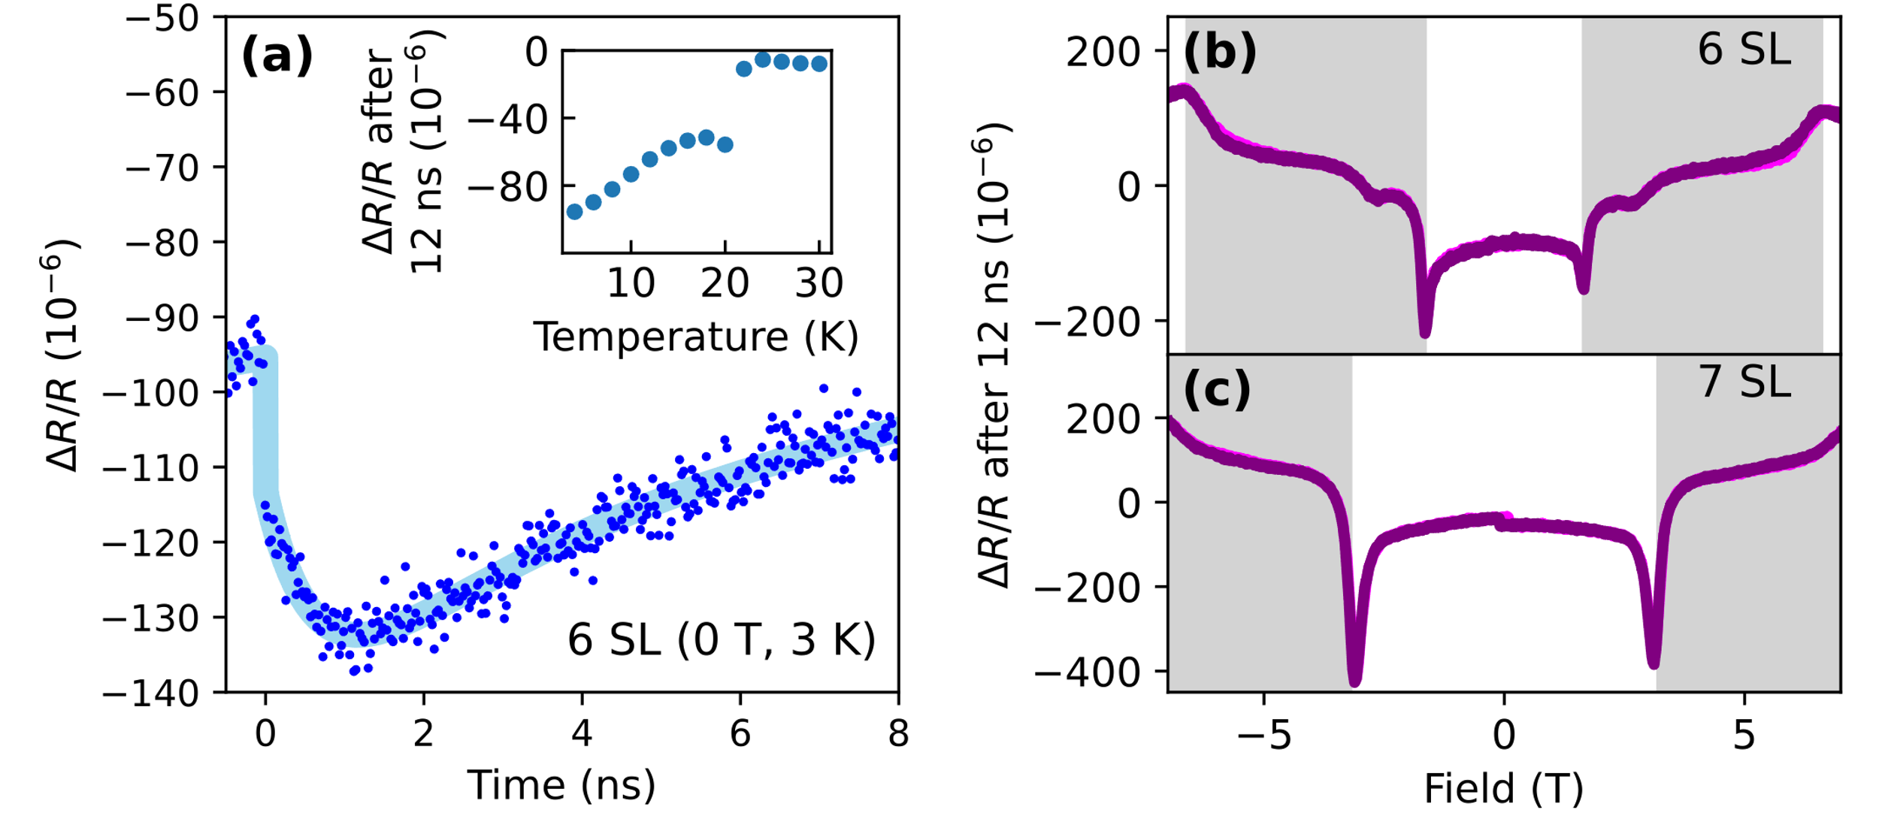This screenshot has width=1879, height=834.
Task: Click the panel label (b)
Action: pos(1219,53)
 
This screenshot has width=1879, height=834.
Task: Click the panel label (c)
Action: pos(1217,390)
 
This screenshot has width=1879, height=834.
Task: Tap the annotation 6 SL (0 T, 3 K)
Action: pos(722,640)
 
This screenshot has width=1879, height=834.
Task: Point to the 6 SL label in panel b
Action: pos(1744,51)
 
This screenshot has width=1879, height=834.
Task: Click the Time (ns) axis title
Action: pos(561,786)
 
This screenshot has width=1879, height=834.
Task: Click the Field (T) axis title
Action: pos(1503,789)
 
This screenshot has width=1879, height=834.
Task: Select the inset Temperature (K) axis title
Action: pos(696,337)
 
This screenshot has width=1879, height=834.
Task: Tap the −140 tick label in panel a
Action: pos(150,693)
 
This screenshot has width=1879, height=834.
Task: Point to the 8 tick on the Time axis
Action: pos(898,733)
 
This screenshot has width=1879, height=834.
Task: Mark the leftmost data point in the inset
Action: pos(575,212)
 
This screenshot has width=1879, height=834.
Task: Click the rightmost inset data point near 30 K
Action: pos(819,64)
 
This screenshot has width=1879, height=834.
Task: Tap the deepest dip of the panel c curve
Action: pos(1355,680)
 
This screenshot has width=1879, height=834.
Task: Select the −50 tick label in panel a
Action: pos(162,18)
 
